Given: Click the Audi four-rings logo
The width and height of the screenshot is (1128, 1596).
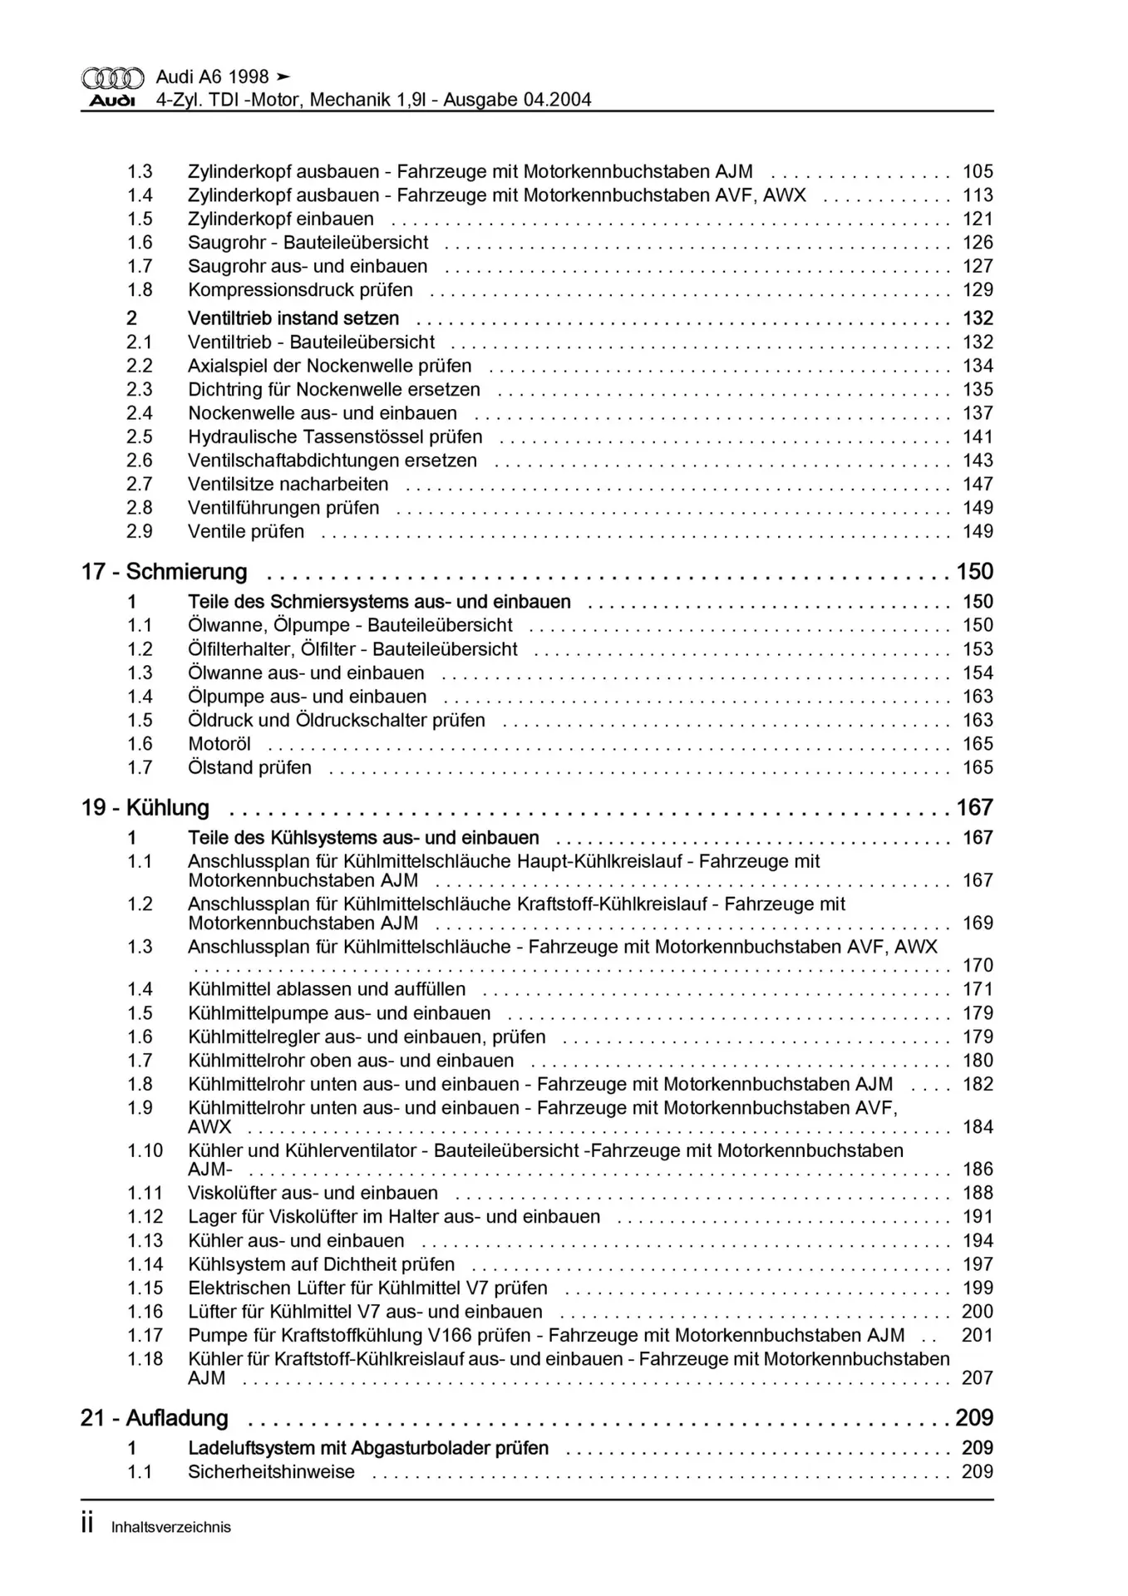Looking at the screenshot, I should (112, 78).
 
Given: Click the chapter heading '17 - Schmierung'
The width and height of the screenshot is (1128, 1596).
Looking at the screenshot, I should (164, 572).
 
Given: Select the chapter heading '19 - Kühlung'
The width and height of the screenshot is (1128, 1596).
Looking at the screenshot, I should (145, 808).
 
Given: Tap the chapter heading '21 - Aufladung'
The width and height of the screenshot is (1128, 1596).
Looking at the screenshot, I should (154, 1418).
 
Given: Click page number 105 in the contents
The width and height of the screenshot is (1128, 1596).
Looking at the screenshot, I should (978, 172).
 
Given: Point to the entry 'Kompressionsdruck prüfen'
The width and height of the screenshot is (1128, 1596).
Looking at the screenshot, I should (300, 290).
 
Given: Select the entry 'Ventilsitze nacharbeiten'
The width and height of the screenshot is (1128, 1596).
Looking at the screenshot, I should (288, 485).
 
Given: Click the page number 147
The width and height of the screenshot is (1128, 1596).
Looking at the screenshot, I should (978, 485).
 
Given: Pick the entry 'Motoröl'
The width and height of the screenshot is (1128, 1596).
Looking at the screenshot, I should (219, 745).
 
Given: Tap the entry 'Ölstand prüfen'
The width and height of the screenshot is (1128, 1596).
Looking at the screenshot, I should (249, 768).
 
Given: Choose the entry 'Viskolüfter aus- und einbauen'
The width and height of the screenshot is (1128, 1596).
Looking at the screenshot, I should (313, 1194).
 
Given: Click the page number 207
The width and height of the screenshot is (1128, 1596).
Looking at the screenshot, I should (978, 1378).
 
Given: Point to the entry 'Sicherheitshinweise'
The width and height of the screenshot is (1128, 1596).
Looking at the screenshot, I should (271, 1472).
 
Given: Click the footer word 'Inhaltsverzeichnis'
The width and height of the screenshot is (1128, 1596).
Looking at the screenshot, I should (170, 1527).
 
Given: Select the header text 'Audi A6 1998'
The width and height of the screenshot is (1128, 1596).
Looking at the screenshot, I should (212, 77).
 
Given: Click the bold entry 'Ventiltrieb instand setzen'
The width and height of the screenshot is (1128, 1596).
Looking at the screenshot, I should (293, 318).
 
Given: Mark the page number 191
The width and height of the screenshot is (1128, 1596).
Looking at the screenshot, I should (978, 1217).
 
